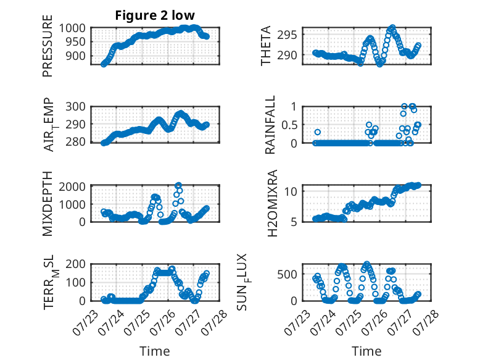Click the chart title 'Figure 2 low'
pyautogui.click(x=155, y=15)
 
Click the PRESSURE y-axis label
pyautogui.click(x=48, y=46)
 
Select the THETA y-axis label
pyautogui.click(x=266, y=46)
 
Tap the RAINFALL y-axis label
pyautogui.click(x=270, y=125)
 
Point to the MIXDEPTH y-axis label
pyautogui.click(x=48, y=204)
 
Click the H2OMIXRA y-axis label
pyautogui.click(x=272, y=203)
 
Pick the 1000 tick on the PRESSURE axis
pyautogui.click(x=72, y=28)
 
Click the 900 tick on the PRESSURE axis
pyautogui.click(x=75, y=56)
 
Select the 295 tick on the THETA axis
pyautogui.click(x=287, y=35)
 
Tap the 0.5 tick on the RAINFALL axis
pyautogui.click(x=289, y=125)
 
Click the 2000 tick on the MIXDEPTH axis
pyautogui.click(x=72, y=186)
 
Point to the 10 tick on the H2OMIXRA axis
pyautogui.click(x=291, y=191)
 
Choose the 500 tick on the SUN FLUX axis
pyautogui.click(x=287, y=274)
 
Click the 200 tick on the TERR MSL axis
pyautogui.click(x=75, y=264)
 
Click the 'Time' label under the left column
pyautogui.click(x=155, y=351)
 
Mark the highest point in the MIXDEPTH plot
pyautogui.click(x=178, y=185)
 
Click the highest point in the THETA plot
pyautogui.click(x=392, y=28)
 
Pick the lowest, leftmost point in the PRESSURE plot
pyautogui.click(x=104, y=64)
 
